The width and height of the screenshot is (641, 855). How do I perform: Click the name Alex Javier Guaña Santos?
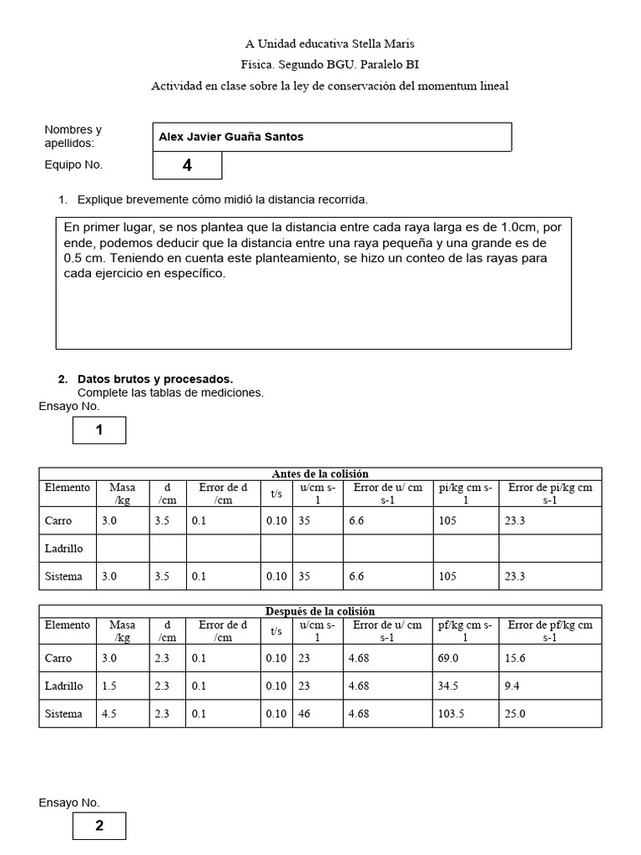click(231, 137)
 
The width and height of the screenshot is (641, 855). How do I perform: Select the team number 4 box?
click(187, 165)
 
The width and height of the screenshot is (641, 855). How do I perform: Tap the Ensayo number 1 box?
click(99, 430)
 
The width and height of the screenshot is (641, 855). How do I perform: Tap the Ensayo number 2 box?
click(99, 826)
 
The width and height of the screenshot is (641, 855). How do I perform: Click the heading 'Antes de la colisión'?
click(320, 473)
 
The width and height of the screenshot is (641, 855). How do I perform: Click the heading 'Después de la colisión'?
click(320, 611)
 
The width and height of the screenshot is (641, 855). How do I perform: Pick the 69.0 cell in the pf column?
click(449, 659)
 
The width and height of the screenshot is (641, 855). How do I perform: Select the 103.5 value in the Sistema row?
click(452, 714)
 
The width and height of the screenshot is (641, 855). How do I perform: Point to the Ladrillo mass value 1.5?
click(109, 686)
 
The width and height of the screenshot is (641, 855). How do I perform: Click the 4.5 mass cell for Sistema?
click(109, 714)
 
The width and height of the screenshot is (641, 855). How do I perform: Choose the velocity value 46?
click(305, 714)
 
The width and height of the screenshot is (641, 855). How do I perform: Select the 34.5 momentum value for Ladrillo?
click(449, 686)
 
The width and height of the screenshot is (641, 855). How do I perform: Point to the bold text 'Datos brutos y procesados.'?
click(155, 379)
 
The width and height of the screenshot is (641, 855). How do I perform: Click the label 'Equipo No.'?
click(73, 164)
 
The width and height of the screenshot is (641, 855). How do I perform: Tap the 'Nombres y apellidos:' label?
click(73, 136)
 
